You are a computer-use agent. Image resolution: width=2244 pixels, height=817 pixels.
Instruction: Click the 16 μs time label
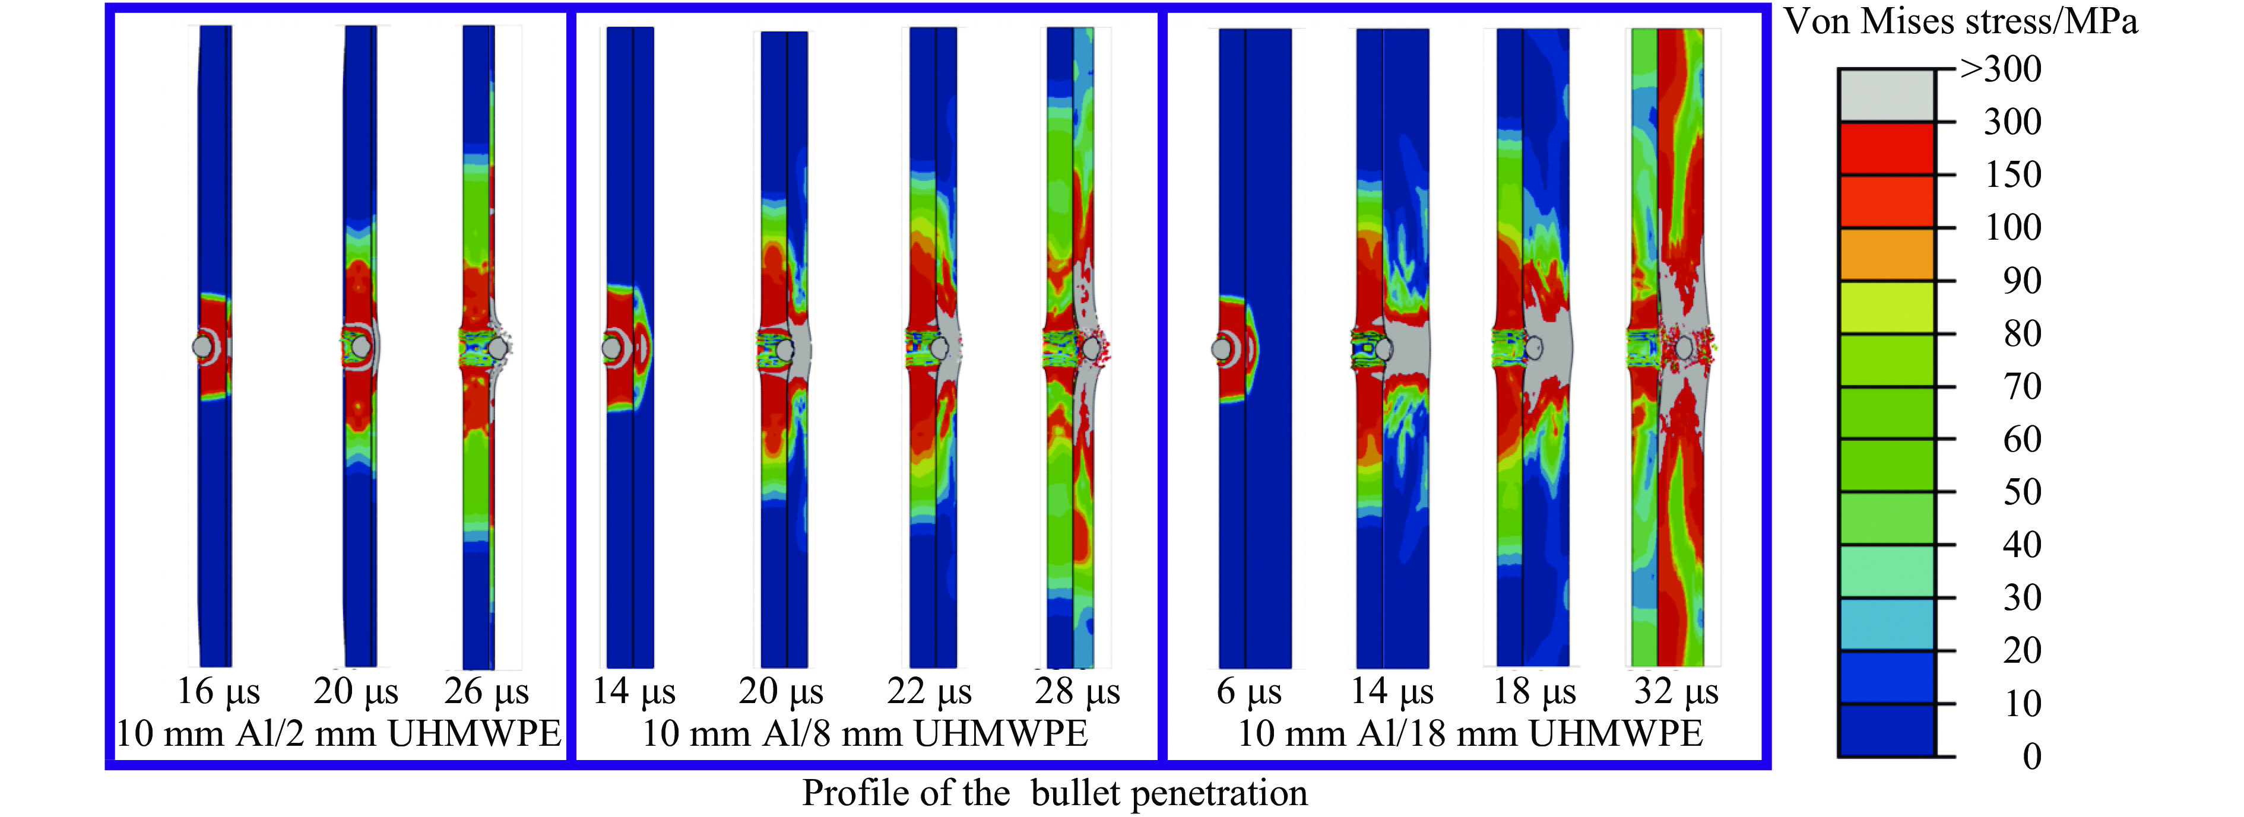tap(218, 692)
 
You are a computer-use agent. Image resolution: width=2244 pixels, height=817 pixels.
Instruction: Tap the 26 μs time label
tap(487, 692)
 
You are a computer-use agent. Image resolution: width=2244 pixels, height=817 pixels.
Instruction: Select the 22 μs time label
tap(930, 692)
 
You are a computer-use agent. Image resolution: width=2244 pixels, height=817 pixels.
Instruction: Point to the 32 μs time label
tap(1676, 692)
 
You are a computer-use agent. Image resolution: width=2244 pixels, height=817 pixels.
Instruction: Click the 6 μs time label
tap(1249, 692)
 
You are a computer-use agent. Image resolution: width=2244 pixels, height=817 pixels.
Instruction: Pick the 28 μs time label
tap(1077, 692)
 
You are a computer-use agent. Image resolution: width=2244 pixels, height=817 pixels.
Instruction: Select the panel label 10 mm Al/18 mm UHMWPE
tap(1469, 733)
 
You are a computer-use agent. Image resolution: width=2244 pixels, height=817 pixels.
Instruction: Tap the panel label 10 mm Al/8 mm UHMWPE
tap(865, 733)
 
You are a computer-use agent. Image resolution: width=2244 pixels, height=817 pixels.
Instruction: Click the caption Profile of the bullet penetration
tap(1054, 793)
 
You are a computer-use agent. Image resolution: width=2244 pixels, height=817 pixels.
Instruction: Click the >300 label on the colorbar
tap(2000, 69)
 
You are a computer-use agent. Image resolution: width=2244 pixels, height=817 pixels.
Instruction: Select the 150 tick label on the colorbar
tap(2012, 174)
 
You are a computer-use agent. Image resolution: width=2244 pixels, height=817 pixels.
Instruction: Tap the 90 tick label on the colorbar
tap(2021, 281)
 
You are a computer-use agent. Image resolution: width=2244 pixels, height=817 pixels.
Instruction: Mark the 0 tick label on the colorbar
tap(2031, 756)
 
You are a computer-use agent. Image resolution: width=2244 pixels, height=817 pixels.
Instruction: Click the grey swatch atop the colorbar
tap(1887, 95)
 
